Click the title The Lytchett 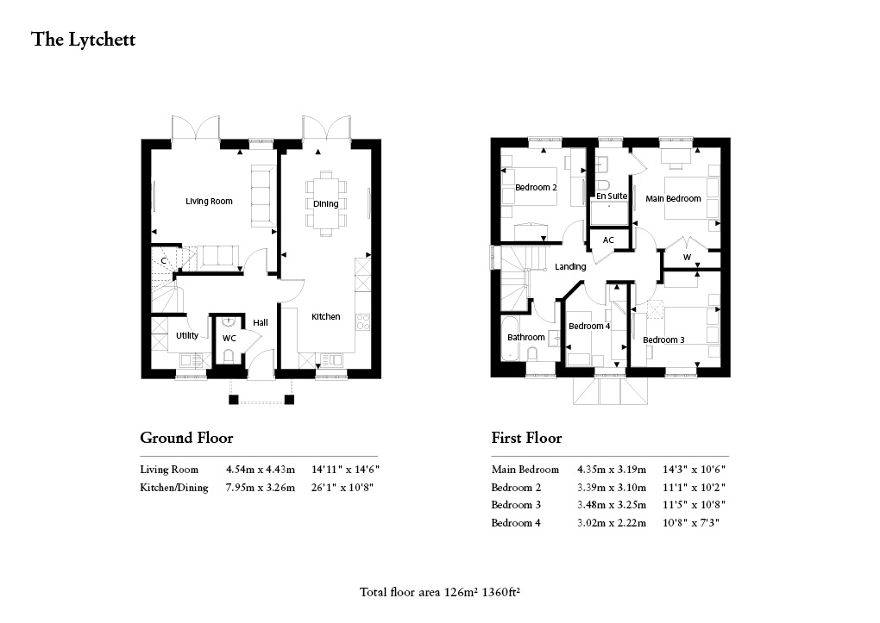click(x=84, y=40)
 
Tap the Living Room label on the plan click(x=209, y=202)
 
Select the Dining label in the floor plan click(x=325, y=204)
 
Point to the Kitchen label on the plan click(x=326, y=317)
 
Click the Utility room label click(x=187, y=336)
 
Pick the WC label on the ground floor click(x=229, y=339)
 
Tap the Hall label click(x=261, y=323)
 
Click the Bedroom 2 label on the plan click(x=536, y=188)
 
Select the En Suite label click(x=612, y=196)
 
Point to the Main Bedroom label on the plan click(x=673, y=199)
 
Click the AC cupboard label click(x=608, y=240)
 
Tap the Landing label click(x=570, y=267)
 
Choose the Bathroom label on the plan click(x=525, y=337)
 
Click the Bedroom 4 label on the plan click(x=589, y=326)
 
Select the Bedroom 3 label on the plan click(x=663, y=340)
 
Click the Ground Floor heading click(x=186, y=439)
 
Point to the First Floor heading click(x=526, y=439)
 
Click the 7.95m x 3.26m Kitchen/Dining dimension click(x=260, y=489)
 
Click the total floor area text click(x=443, y=592)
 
